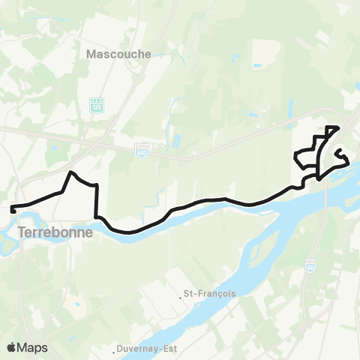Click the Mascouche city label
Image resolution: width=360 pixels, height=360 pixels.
pos(119,54)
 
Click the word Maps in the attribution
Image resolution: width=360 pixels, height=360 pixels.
pos(34,347)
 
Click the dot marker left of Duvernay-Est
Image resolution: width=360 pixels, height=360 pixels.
pos(116,349)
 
